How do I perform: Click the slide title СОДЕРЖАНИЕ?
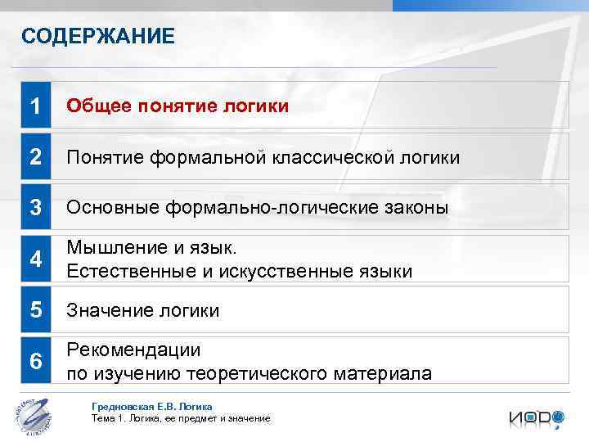(x=98, y=36)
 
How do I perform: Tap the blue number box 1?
(x=35, y=106)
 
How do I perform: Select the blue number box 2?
(x=35, y=157)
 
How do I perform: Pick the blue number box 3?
(x=35, y=208)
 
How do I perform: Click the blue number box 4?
(x=35, y=259)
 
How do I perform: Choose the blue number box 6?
(x=35, y=362)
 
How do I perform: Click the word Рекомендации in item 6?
(x=133, y=350)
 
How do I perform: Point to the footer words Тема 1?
(x=106, y=418)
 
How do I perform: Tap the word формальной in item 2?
(x=203, y=157)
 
